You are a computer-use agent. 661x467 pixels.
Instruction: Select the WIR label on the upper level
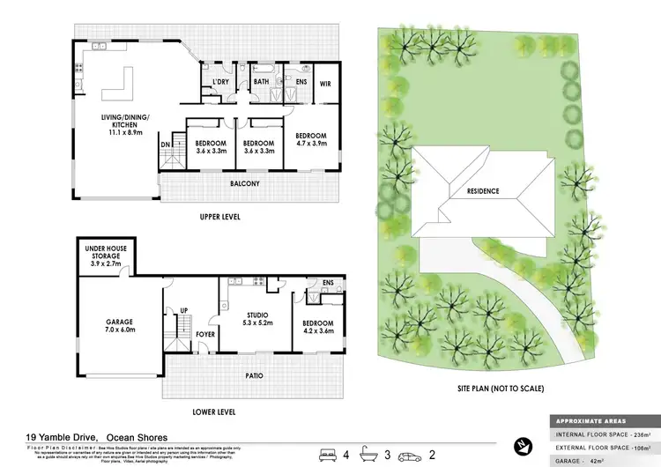pyautogui.click(x=324, y=84)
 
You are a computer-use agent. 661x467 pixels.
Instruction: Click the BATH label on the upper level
pyautogui.click(x=262, y=83)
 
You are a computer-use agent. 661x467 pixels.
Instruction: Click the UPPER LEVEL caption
pyautogui.click(x=219, y=217)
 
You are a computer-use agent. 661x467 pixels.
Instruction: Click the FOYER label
pyautogui.click(x=206, y=335)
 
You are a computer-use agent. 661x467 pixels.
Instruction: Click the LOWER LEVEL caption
pyautogui.click(x=216, y=411)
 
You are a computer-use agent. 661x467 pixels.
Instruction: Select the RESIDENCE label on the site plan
pyautogui.click(x=478, y=191)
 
